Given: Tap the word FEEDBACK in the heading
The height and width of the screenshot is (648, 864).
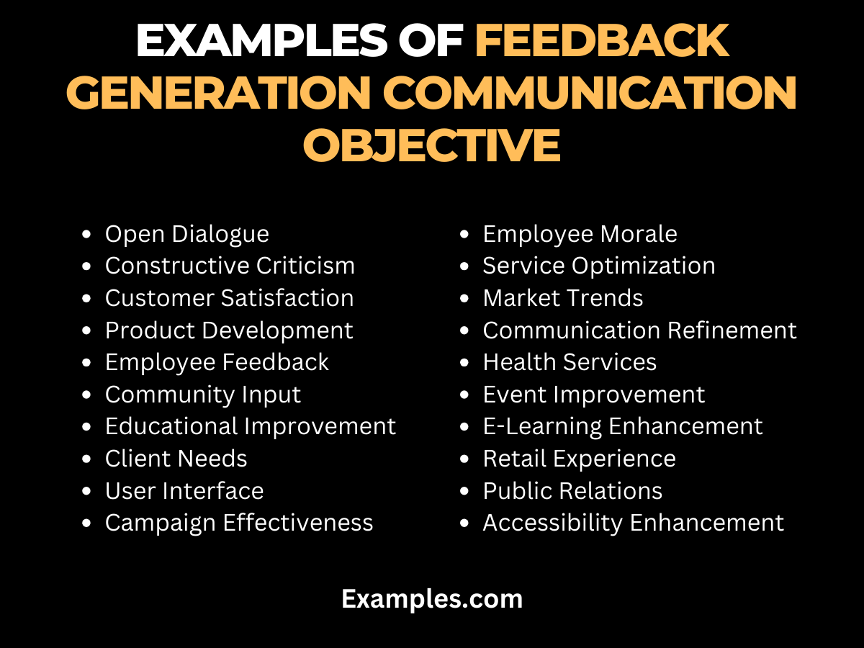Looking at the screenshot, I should tap(602, 42).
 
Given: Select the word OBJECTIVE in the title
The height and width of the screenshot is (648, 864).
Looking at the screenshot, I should tap(431, 144).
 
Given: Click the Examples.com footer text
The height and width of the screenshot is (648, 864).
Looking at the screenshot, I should tap(432, 598).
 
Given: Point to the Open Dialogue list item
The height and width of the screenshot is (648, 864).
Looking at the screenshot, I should tap(186, 234).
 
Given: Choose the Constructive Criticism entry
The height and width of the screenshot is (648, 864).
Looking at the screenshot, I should tap(230, 266).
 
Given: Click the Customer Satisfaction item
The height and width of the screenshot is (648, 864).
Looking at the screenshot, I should tap(229, 298).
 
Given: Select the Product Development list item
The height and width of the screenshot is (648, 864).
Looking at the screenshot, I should tap(229, 330).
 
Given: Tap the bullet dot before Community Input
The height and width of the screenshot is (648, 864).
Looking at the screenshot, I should tap(87, 395).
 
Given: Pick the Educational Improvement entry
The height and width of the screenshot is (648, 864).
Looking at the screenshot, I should tap(250, 426).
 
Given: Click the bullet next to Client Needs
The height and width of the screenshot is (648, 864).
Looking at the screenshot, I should tap(87, 459).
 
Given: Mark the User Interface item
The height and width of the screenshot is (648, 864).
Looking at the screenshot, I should tap(184, 491).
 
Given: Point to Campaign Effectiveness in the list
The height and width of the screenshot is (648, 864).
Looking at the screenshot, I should tap(239, 523).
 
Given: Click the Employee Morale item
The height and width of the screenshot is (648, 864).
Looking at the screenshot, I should tap(580, 234).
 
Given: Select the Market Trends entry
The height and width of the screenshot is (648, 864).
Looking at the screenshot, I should tap(562, 298).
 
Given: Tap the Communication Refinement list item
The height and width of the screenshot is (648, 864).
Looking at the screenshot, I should tap(639, 330).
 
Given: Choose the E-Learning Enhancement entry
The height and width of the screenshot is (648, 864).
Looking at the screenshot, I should tap(622, 426).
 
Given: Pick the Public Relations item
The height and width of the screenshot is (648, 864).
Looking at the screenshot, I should tap(572, 491).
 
